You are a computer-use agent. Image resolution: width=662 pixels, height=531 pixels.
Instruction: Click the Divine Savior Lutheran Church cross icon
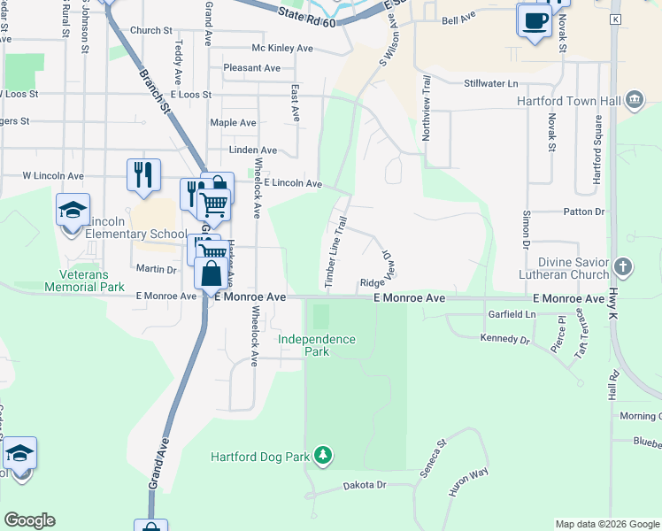pos(623,266)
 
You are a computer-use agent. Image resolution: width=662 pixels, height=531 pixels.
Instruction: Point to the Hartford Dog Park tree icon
pos(324,456)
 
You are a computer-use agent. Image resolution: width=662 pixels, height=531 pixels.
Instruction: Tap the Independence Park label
pos(316,345)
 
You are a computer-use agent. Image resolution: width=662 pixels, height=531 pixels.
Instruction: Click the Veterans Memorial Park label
pos(87,281)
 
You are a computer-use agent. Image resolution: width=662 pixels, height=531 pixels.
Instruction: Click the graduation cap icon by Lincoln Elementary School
pos(73,211)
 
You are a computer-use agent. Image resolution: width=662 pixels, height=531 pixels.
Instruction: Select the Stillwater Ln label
pos(490,83)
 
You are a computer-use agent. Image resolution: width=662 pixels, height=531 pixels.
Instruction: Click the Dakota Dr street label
pos(365,485)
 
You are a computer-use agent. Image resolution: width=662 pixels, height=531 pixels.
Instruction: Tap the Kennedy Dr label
pos(504,339)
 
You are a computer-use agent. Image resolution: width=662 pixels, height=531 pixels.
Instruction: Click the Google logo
pos(30,520)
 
